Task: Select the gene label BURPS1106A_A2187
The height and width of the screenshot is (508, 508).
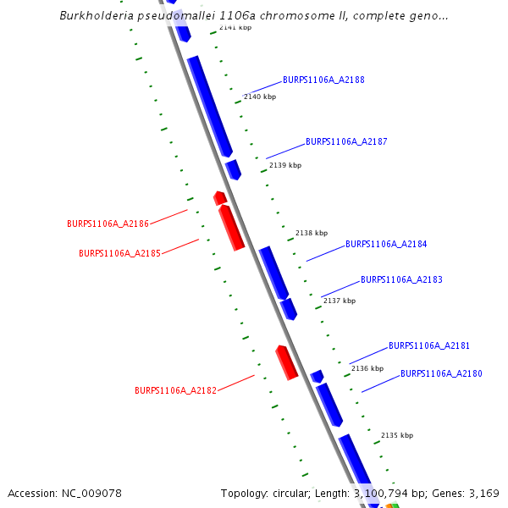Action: pyautogui.click(x=346, y=141)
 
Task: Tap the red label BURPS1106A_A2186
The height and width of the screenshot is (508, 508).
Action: pyautogui.click(x=108, y=224)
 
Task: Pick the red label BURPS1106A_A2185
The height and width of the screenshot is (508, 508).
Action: pyautogui.click(x=119, y=253)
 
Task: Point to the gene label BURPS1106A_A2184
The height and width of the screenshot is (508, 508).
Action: pyautogui.click(x=386, y=244)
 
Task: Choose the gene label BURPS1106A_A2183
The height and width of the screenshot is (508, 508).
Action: pyautogui.click(x=401, y=279)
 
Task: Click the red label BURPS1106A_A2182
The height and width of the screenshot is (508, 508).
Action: pyautogui.click(x=176, y=390)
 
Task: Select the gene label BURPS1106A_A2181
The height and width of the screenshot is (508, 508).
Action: pyautogui.click(x=429, y=345)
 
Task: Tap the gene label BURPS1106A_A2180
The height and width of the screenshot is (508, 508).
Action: pyautogui.click(x=441, y=373)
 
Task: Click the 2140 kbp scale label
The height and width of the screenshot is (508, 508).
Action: pyautogui.click(x=260, y=97)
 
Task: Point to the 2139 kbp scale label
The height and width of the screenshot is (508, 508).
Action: pyautogui.click(x=285, y=165)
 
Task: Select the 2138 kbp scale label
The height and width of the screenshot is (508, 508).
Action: pyautogui.click(x=312, y=233)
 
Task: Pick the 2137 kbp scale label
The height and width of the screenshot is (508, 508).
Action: pyautogui.click(x=340, y=301)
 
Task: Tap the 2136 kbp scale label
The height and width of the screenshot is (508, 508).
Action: pyautogui.click(x=367, y=368)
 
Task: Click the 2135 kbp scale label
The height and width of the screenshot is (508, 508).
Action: pyautogui.click(x=397, y=435)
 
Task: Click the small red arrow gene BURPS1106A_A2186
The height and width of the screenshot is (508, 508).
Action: pyautogui.click(x=220, y=198)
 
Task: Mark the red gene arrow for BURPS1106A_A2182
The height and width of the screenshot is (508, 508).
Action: pyautogui.click(x=287, y=362)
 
